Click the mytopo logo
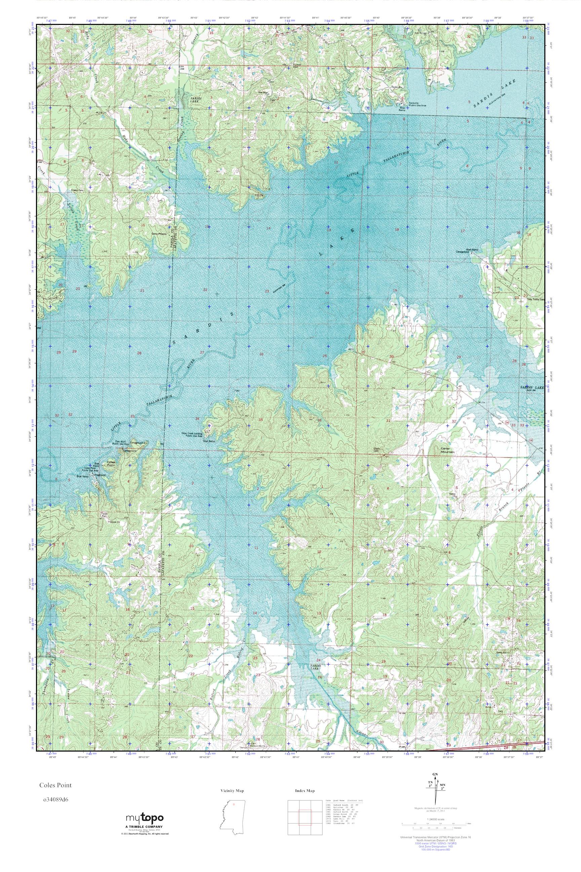click(x=145, y=818)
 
